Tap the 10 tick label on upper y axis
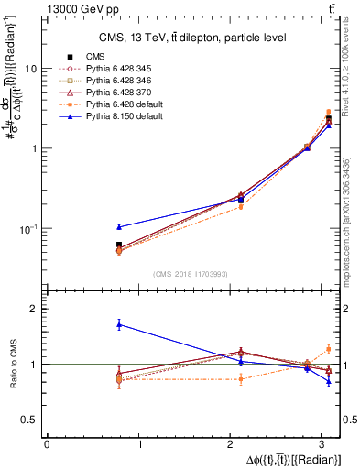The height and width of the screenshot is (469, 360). [31, 69]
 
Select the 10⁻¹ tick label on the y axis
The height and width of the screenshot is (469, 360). [27, 228]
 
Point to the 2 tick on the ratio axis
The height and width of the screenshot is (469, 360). [34, 309]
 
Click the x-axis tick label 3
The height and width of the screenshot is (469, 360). [325, 443]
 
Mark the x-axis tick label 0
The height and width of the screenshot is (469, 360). [47, 443]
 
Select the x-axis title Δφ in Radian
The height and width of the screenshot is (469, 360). [293, 458]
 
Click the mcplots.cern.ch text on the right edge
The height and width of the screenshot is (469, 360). [352, 211]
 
